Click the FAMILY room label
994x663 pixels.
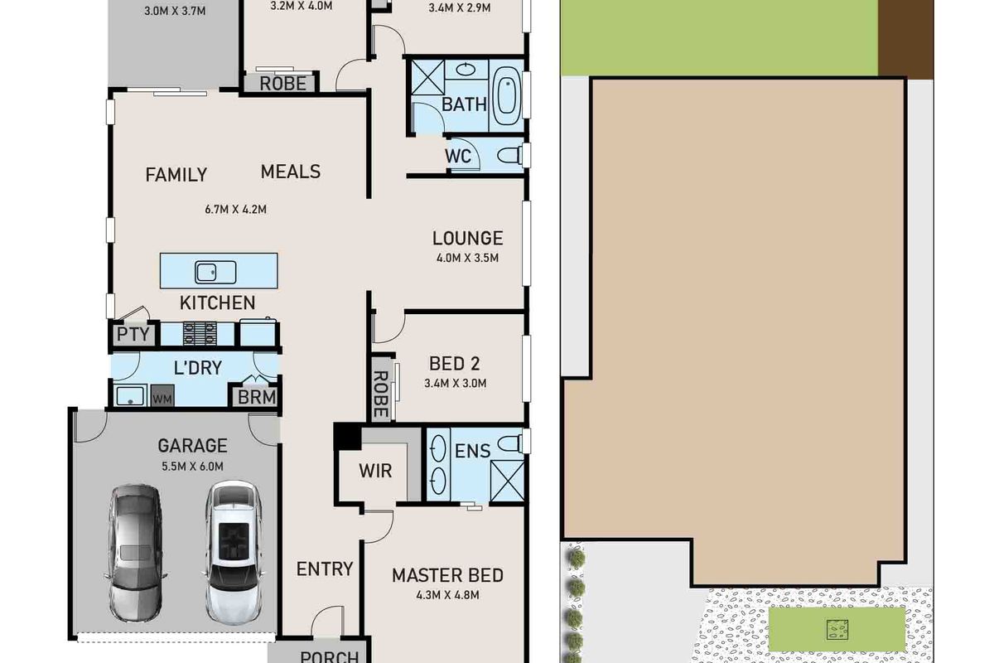pyautogui.click(x=176, y=175)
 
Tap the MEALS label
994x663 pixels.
pyautogui.click(x=291, y=172)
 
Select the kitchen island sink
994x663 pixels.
pyautogui.click(x=215, y=272)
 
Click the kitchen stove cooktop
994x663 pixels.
pyautogui.click(x=200, y=334)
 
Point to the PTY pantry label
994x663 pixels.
pyautogui.click(x=133, y=334)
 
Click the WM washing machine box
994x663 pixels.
pyautogui.click(x=162, y=395)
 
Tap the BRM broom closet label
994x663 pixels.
pyautogui.click(x=257, y=397)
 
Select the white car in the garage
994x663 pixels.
pyautogui.click(x=234, y=553)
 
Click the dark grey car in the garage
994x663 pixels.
pyautogui.click(x=136, y=553)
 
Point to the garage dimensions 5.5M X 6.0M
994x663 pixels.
pyautogui.click(x=192, y=467)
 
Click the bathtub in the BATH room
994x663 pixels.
pyautogui.click(x=507, y=95)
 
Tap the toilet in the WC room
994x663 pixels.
pyautogui.click(x=510, y=156)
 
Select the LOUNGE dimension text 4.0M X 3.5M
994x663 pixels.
pyautogui.click(x=468, y=258)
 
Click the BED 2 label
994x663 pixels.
pyautogui.click(x=455, y=364)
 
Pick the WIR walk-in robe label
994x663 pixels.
pyautogui.click(x=375, y=471)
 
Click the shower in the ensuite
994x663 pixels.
pyautogui.click(x=507, y=481)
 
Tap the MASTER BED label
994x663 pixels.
pyautogui.click(x=448, y=575)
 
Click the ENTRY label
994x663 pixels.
pyautogui.click(x=325, y=569)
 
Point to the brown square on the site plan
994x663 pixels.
pyautogui.click(x=905, y=39)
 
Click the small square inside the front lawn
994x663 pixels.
pyautogui.click(x=837, y=630)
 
